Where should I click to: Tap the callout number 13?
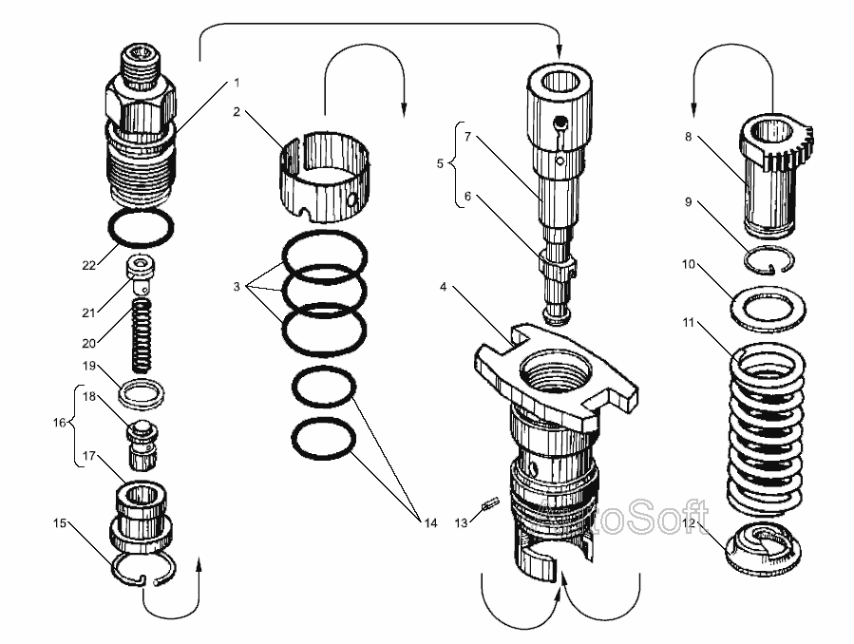[461, 521]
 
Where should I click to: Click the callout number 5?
[441, 163]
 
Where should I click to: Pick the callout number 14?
[431, 522]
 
